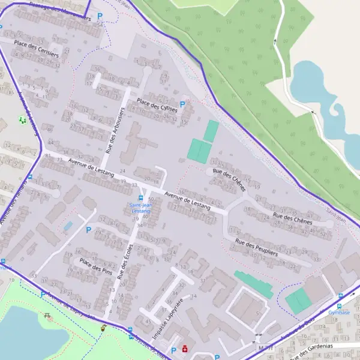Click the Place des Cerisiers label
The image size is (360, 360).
click(36, 49)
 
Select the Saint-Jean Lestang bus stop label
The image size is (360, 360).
click(140, 208)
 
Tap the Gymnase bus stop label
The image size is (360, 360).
click(339, 313)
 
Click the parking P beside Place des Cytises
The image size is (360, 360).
click(182, 104)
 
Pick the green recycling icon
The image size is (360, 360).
click(23, 120)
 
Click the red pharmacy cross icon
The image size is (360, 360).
click(184, 349)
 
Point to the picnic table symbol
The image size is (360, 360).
click(47, 316)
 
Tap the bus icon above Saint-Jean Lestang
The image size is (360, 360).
click(141, 197)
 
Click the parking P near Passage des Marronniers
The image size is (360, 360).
click(100, 17)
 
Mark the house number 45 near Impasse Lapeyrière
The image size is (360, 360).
click(148, 320)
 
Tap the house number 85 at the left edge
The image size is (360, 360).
click(11, 92)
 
